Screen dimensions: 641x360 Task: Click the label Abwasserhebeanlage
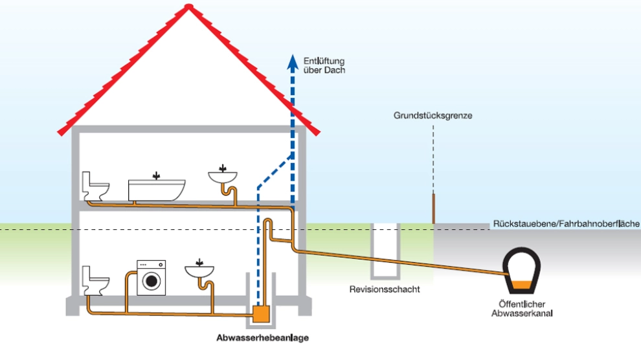[262, 338]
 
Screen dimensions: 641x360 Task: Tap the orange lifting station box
[261, 314]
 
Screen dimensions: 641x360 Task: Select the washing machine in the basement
[152, 278]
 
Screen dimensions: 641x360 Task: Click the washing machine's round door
[152, 281]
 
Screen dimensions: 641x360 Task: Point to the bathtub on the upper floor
[157, 189]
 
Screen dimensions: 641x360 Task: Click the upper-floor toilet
[95, 186]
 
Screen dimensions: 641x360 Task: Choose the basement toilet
[95, 281]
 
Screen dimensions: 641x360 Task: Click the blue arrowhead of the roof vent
[292, 63]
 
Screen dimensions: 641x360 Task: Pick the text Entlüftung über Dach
[324, 65]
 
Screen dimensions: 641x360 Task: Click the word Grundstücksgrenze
[433, 116]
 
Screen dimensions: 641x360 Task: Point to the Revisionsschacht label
[385, 289]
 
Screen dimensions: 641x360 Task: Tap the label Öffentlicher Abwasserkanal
[522, 308]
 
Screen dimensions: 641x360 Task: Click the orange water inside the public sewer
[521, 286]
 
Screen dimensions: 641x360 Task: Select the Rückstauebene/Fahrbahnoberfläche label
[566, 223]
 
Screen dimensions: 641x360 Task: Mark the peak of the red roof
[188, 6]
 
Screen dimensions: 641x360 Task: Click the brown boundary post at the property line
[433, 208]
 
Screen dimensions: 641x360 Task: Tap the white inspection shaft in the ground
[385, 249]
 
